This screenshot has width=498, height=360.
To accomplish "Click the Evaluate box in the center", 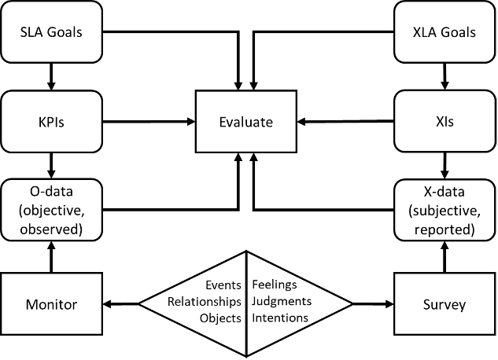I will tap(245, 122).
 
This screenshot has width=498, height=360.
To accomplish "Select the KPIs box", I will tap(52, 122).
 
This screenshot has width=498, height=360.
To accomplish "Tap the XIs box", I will tap(445, 122).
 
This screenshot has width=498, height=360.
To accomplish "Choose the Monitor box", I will tap(52, 304).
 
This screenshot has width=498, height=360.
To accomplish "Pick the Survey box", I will tap(445, 304).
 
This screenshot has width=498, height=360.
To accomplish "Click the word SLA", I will tap(34, 33).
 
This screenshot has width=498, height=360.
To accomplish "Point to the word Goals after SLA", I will tap(65, 33).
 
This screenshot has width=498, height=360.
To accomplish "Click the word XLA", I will tap(427, 33).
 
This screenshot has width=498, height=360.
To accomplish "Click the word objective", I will tap(53, 212).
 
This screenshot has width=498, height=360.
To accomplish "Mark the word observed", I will tap(50, 230).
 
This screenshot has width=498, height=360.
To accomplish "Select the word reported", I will tap(443, 230).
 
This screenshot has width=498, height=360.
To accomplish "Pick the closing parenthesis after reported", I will tap(471, 230).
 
